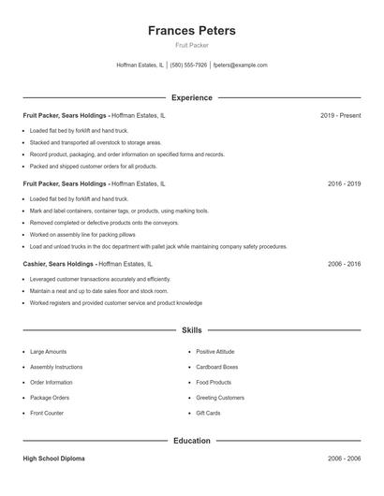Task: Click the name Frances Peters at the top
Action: click(x=191, y=31)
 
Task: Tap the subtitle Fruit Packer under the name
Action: click(x=191, y=46)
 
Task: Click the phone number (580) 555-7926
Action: click(x=188, y=66)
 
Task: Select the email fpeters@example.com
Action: click(x=240, y=66)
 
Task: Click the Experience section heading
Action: click(x=191, y=97)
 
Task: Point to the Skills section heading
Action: click(x=191, y=330)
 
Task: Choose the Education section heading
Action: click(x=191, y=440)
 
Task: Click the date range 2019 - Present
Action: click(x=340, y=115)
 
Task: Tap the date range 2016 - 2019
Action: click(x=344, y=184)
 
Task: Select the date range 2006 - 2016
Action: click(x=344, y=265)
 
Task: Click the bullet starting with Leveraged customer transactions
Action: click(x=100, y=279)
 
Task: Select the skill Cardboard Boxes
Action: click(x=217, y=367)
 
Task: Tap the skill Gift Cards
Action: click(x=209, y=413)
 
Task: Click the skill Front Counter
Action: click(x=47, y=413)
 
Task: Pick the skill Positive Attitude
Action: click(x=216, y=352)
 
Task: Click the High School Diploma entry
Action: click(x=55, y=459)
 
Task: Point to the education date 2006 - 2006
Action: click(x=344, y=459)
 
